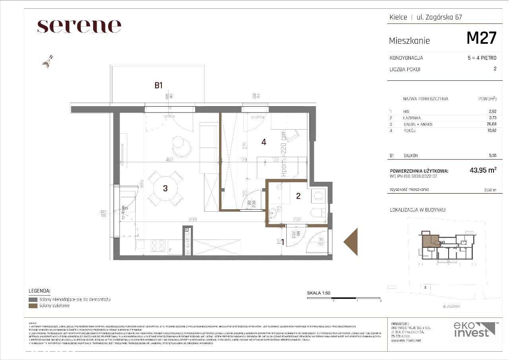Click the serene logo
coord(79,26)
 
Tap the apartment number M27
coord(481,39)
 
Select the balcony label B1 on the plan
coord(159,85)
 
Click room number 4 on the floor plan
coord(264,142)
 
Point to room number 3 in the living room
coord(165,189)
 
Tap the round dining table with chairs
coord(166,189)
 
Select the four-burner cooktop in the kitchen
coord(158,246)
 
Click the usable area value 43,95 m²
coord(483,170)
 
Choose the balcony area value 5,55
coord(492,156)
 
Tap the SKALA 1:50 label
coord(319,293)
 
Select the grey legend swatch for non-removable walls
coord(33,299)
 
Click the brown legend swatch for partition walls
coord(33,306)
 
